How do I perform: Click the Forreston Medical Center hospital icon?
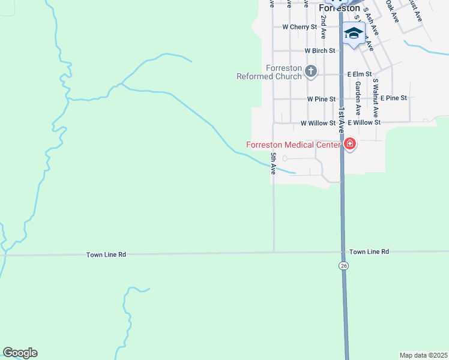tap(349, 144)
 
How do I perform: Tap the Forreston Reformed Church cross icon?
tap(311, 72)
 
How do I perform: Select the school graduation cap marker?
tap(354, 34)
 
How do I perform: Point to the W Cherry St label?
tap(299, 27)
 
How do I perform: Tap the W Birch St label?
tap(319, 51)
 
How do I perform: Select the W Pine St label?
tap(319, 98)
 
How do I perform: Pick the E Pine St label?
tap(394, 98)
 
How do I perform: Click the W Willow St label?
tap(318, 122)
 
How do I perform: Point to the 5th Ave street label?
tap(273, 163)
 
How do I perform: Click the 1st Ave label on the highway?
tap(341, 121)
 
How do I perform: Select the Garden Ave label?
tap(358, 98)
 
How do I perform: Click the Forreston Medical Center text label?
tap(293, 145)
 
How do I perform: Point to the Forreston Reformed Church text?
tap(269, 72)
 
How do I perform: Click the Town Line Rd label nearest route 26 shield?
tap(369, 252)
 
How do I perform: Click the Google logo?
tap(20, 353)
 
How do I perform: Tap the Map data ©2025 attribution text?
tap(423, 355)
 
